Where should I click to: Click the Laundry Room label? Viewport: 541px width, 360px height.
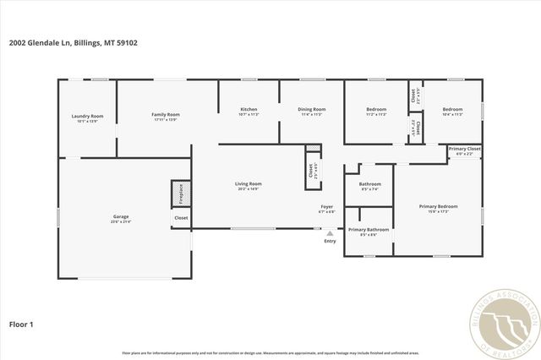pyautogui.click(x=87, y=116)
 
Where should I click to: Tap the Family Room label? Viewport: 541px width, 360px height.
pyautogui.click(x=166, y=115)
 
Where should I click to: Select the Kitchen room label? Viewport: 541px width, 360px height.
pyautogui.click(x=249, y=110)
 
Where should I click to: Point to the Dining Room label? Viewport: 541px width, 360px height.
pyautogui.click(x=312, y=110)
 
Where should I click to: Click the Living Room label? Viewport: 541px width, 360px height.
pyautogui.click(x=248, y=183)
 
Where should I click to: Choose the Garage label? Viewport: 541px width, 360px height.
pyautogui.click(x=121, y=216)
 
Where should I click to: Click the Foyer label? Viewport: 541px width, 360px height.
pyautogui.click(x=326, y=207)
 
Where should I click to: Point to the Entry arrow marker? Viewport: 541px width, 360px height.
pyautogui.click(x=330, y=233)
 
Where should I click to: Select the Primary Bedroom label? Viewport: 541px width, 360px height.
pyautogui.click(x=438, y=206)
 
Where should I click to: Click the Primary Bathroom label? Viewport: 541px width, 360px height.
pyautogui.click(x=369, y=230)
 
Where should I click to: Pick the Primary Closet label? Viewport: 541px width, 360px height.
pyautogui.click(x=464, y=149)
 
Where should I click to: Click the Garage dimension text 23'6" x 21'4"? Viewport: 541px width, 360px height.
pyautogui.click(x=121, y=221)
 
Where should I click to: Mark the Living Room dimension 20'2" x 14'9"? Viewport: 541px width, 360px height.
pyautogui.click(x=248, y=188)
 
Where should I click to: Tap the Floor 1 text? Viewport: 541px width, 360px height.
pyautogui.click(x=21, y=323)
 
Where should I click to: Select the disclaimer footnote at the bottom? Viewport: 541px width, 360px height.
pyautogui.click(x=270, y=353)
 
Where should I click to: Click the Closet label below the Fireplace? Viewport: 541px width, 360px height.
pyautogui.click(x=181, y=218)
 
